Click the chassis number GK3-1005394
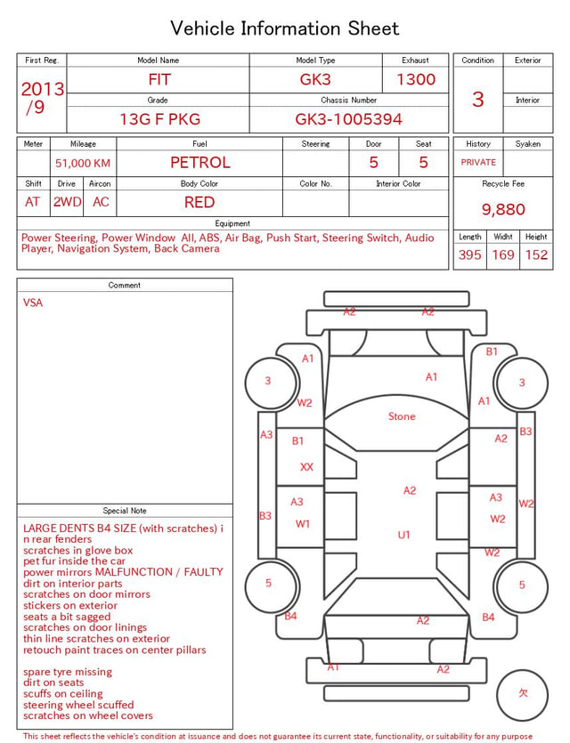[x=348, y=119]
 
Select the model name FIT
[x=159, y=79]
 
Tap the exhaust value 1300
[x=416, y=79]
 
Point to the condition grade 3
[x=478, y=99]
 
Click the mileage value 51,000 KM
[x=83, y=163]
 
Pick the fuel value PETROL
[x=200, y=163]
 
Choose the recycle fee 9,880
[x=503, y=209]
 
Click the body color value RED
[x=199, y=202]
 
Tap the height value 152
[x=536, y=254]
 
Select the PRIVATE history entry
[x=478, y=162]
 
